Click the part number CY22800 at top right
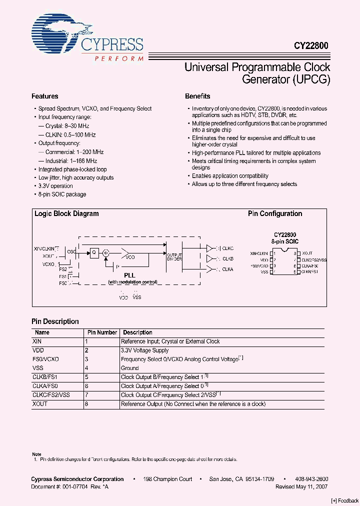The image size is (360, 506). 310,45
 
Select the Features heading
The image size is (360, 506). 45,96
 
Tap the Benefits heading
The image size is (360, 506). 197,96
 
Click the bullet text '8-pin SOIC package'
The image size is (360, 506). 62,194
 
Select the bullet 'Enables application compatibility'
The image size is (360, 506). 230,176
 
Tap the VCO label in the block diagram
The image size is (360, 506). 130,257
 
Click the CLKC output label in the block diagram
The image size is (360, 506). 227,248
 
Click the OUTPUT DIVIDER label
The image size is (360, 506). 174,256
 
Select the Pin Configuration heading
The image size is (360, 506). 275,213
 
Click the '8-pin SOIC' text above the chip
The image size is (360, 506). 285,241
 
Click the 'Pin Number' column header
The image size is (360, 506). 102,332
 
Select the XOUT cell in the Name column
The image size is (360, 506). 40,404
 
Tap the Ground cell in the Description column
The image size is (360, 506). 129,368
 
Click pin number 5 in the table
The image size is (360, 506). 86,377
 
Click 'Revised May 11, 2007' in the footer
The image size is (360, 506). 301,486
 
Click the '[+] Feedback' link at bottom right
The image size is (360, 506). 345,501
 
